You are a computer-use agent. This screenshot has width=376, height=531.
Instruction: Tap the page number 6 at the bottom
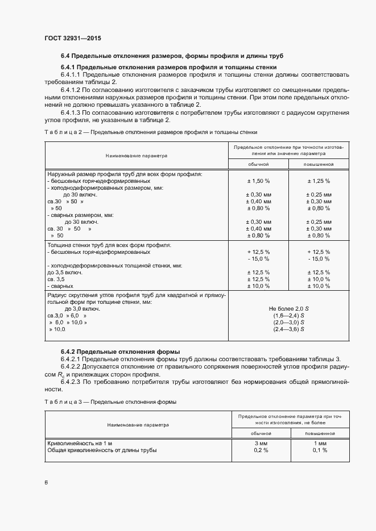pyautogui.click(x=46, y=482)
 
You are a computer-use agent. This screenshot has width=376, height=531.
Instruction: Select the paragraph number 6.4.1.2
pyautogui.click(x=72, y=90)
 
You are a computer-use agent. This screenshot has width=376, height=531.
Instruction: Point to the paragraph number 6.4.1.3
pyautogui.click(x=72, y=112)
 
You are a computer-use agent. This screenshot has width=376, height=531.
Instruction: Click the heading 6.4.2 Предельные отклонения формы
pyautogui.click(x=121, y=352)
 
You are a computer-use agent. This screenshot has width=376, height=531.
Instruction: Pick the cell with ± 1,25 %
pyautogui.click(x=319, y=180)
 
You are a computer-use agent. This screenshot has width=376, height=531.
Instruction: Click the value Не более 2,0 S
pyautogui.click(x=288, y=308)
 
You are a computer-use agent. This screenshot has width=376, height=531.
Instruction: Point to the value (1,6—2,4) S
pyautogui.click(x=288, y=315)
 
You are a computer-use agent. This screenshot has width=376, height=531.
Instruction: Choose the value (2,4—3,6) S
pyautogui.click(x=288, y=329)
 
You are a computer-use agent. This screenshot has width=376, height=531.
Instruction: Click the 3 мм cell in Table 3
pyautogui.click(x=260, y=443)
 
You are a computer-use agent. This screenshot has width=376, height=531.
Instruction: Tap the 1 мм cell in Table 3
pyautogui.click(x=319, y=443)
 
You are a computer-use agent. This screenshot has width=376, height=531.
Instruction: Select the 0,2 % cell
pyautogui.click(x=260, y=450)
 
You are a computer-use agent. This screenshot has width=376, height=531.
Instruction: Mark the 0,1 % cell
pyautogui.click(x=319, y=450)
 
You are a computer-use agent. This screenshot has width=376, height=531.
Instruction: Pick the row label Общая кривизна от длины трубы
pyautogui.click(x=101, y=450)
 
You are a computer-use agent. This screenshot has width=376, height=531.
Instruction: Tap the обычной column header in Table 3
pyautogui.click(x=260, y=433)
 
